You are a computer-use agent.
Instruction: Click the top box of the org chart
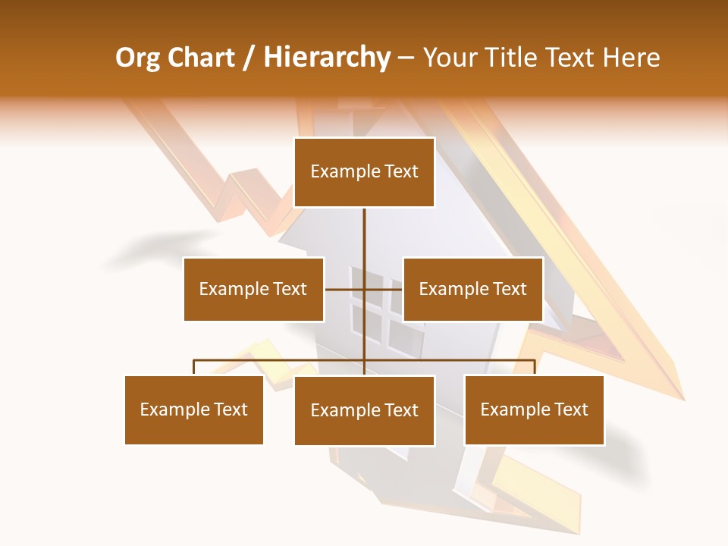[364, 172]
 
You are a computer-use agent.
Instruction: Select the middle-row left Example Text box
[253, 289]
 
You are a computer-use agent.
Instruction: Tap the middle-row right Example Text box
[472, 289]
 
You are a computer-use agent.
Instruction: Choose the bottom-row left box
[194, 410]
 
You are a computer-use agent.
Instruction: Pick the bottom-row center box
[364, 411]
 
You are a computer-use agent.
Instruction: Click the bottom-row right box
[534, 410]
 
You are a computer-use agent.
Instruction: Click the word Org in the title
[137, 58]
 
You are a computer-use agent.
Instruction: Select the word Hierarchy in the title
[327, 58]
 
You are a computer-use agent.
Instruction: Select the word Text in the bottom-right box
[570, 409]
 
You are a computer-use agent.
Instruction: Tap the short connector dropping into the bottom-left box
[194, 368]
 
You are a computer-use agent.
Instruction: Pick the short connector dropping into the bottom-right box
[535, 368]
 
